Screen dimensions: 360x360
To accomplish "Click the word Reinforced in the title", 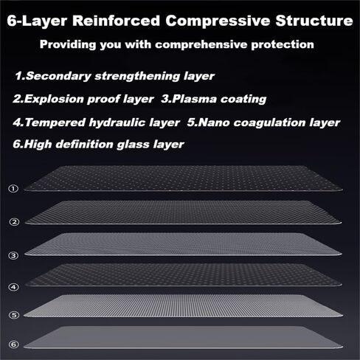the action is pos(116,21).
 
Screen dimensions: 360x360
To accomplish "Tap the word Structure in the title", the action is pos(314,21).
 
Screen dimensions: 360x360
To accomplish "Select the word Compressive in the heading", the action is pos(218,21).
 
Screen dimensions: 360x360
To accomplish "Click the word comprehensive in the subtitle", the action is pos(201,45).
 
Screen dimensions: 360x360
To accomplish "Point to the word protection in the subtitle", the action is pos(283,45).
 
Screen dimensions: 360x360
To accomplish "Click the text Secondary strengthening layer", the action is pos(120,76).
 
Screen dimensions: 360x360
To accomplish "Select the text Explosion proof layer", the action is pos(89,99).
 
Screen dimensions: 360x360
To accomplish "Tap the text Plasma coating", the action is pos(219,99).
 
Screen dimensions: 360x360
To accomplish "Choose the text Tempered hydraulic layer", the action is pos(103,122).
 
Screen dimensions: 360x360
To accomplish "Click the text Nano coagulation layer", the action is pos(269,122).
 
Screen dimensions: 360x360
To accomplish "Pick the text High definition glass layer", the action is pos(104,145).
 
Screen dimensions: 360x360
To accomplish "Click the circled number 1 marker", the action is pos(13,189).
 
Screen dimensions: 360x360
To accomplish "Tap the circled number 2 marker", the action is pos(14,222).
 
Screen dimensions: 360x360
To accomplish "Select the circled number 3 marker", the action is pos(13,255).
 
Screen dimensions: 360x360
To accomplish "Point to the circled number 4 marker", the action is pos(13,287).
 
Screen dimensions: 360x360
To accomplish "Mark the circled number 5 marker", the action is pos(14,315).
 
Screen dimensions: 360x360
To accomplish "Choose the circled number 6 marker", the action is pos(14,345).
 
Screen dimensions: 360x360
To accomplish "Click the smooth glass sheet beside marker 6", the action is pos(183,337).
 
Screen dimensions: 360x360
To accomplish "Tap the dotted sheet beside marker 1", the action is pos(183,179).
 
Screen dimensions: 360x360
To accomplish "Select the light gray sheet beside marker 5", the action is pos(183,305).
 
